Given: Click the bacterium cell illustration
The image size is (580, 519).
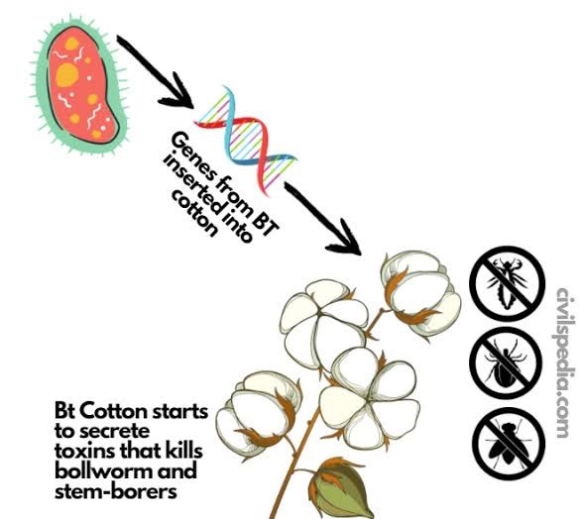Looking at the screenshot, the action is tap(79, 86).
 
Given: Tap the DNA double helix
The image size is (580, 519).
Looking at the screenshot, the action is tap(246, 140).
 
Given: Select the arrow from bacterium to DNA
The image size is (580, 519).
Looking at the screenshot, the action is tap(156, 71).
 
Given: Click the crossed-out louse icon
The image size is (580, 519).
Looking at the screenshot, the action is tap(508, 283).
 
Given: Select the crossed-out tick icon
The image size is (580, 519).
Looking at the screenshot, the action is tap(506, 363).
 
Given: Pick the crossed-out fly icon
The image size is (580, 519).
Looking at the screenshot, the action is tap(509, 444).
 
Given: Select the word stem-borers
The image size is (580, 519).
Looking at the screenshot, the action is tap(115, 491).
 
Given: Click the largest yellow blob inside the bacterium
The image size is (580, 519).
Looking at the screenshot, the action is tap(67, 74).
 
